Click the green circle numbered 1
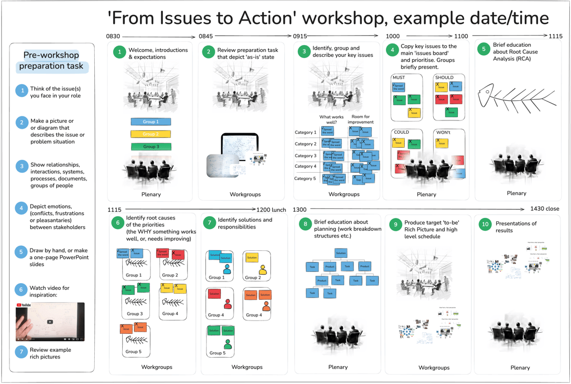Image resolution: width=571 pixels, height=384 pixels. (x=119, y=53)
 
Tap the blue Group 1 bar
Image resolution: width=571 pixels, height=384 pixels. (x=151, y=121)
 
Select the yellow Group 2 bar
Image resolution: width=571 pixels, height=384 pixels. (x=151, y=134)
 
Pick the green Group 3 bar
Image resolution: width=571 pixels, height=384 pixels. (x=151, y=147)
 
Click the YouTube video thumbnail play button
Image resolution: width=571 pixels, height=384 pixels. (x=50, y=322)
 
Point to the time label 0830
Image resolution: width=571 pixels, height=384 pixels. (x=113, y=36)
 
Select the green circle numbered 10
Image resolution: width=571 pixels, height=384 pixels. (x=485, y=224)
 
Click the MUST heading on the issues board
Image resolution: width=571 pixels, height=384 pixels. (x=399, y=77)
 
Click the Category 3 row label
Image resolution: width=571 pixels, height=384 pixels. (x=305, y=155)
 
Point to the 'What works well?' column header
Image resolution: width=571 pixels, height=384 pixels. (x=331, y=119)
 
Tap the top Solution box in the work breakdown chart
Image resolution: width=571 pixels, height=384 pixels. (x=341, y=253)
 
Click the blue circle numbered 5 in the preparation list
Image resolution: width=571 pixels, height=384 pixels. (x=22, y=252)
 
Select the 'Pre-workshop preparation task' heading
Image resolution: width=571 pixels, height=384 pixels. (x=51, y=61)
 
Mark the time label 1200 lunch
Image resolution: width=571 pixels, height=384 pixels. (x=271, y=210)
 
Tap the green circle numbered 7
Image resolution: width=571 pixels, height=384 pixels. (x=209, y=223)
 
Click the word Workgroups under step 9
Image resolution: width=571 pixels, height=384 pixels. (x=434, y=368)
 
